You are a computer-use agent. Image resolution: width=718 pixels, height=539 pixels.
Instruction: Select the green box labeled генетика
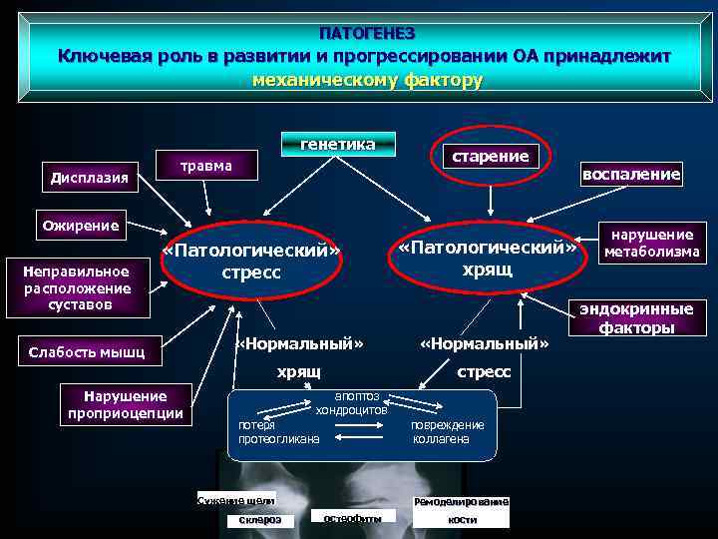coord(338,145)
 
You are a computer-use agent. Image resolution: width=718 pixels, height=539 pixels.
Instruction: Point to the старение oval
coord(490,156)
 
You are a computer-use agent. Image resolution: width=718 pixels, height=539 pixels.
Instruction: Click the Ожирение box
coord(80,226)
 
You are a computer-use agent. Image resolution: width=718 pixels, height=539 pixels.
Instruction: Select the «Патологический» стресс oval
coord(251,261)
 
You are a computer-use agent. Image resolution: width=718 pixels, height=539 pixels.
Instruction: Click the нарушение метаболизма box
coord(652,243)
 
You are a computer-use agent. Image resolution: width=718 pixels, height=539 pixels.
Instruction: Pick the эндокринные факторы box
coord(636,317)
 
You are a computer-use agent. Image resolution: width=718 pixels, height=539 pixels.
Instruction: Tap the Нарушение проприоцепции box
coord(126,403)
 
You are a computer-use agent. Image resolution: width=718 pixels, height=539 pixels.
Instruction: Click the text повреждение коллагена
coord(447,431)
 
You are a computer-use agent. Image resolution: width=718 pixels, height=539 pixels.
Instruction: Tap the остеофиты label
coord(353,517)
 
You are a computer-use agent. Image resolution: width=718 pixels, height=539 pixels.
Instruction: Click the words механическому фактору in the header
coord(367,80)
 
